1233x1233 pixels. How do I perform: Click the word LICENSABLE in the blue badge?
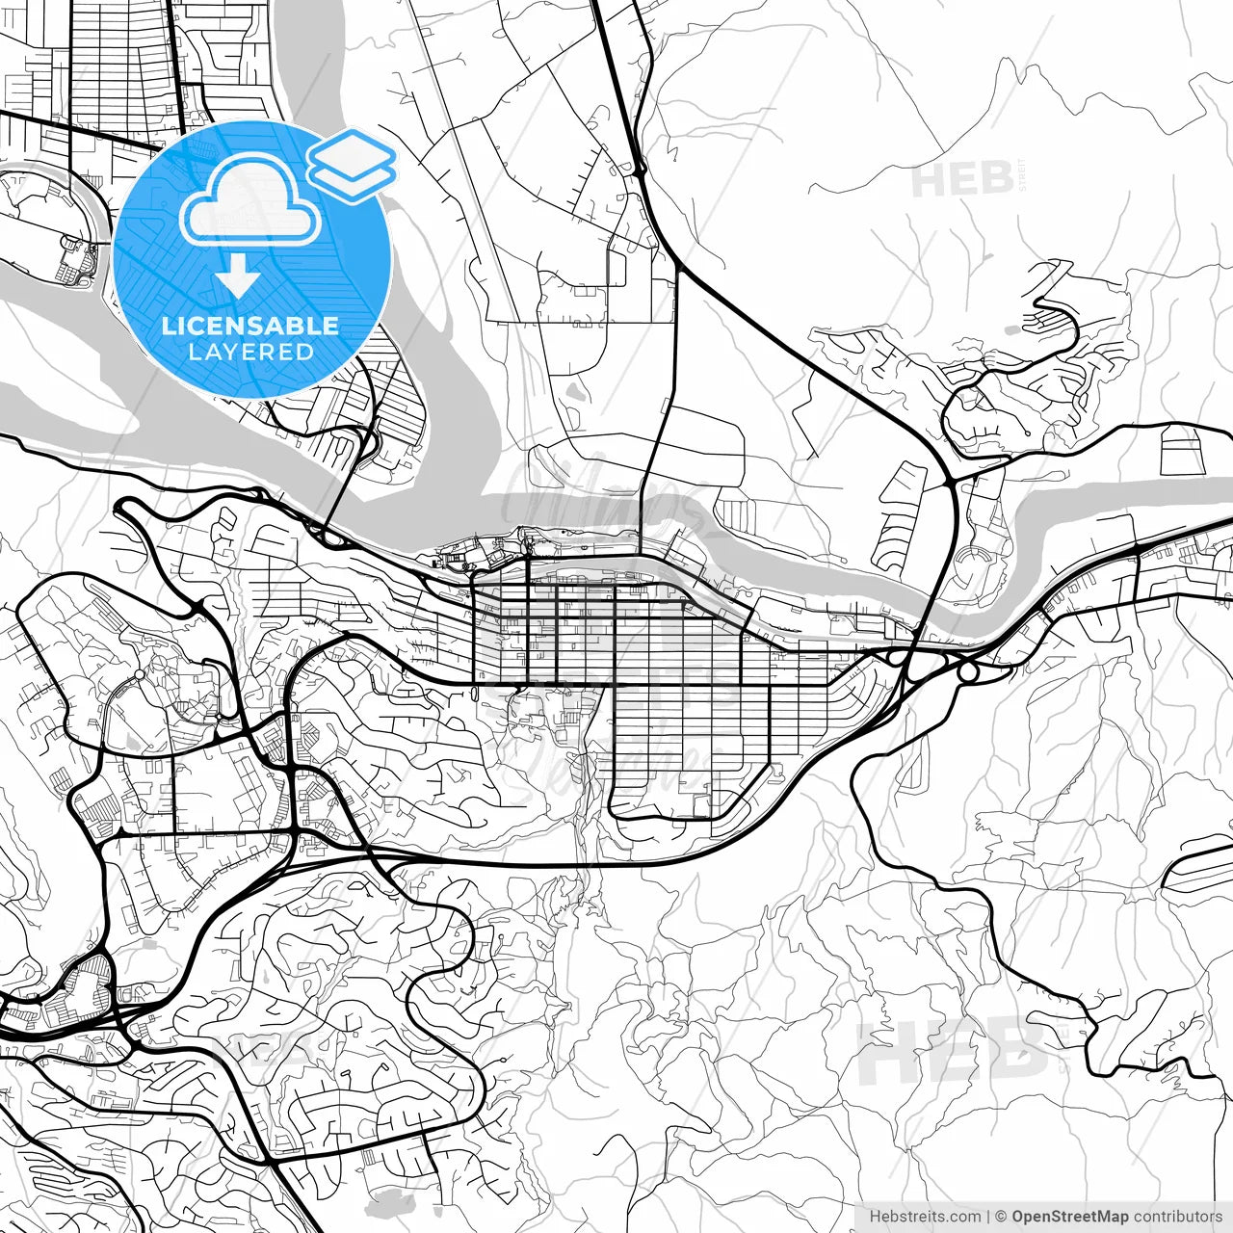point(250,326)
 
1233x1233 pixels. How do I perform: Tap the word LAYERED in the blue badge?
point(250,352)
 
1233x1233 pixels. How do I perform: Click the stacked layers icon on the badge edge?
point(352,164)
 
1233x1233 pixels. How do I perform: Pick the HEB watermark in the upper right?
point(962,179)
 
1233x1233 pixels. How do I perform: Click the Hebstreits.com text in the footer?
point(925,1217)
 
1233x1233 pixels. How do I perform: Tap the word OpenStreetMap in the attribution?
point(1069,1217)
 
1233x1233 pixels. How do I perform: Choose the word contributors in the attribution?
point(1177,1217)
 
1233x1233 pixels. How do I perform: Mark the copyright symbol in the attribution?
point(1001,1217)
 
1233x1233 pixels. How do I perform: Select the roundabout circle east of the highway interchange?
point(968,671)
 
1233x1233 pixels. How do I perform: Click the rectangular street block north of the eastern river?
point(1183,450)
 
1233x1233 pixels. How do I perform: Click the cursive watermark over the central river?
point(597,491)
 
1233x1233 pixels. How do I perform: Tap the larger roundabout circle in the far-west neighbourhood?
point(140,673)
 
